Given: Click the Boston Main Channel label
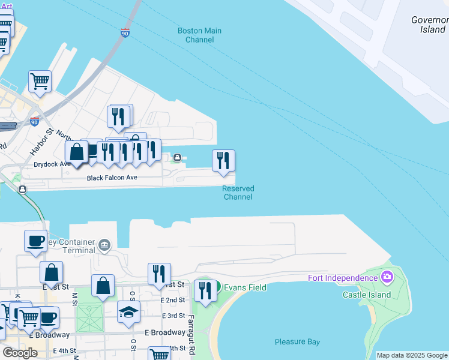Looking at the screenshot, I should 199,35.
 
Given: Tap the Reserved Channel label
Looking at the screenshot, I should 238,193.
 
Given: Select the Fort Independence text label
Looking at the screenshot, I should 342,277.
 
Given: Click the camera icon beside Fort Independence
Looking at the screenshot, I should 387,277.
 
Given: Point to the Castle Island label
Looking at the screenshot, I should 367,295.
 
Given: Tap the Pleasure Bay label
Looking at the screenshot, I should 297,342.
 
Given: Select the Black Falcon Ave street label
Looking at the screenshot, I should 112,178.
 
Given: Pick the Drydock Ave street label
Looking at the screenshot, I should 52,164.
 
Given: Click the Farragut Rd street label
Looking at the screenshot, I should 191,330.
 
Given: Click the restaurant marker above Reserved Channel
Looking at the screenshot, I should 223,160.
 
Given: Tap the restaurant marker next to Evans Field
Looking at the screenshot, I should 205,290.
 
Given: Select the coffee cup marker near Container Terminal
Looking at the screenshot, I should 35,241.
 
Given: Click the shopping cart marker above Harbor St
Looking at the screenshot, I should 40,81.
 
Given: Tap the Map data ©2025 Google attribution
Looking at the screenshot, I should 412,355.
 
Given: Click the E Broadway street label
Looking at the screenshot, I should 165,332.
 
